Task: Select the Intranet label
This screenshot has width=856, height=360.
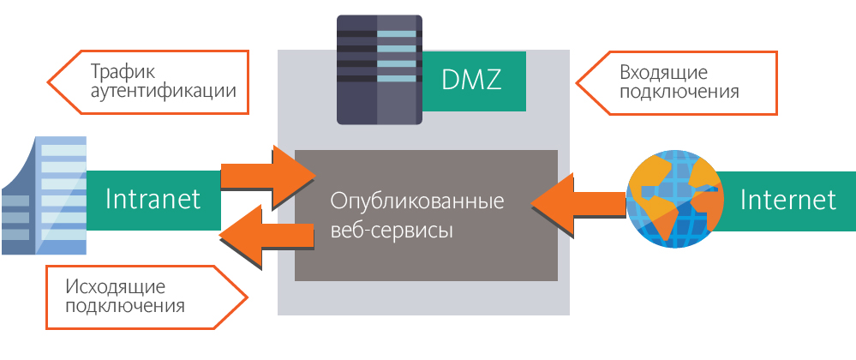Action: click(153, 200)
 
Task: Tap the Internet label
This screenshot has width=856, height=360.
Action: click(787, 200)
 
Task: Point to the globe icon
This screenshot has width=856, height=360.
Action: click(671, 199)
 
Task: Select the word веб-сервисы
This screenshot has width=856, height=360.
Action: click(392, 231)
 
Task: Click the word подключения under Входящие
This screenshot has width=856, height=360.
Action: click(679, 91)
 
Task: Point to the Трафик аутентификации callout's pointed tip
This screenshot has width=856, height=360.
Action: click(50, 82)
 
